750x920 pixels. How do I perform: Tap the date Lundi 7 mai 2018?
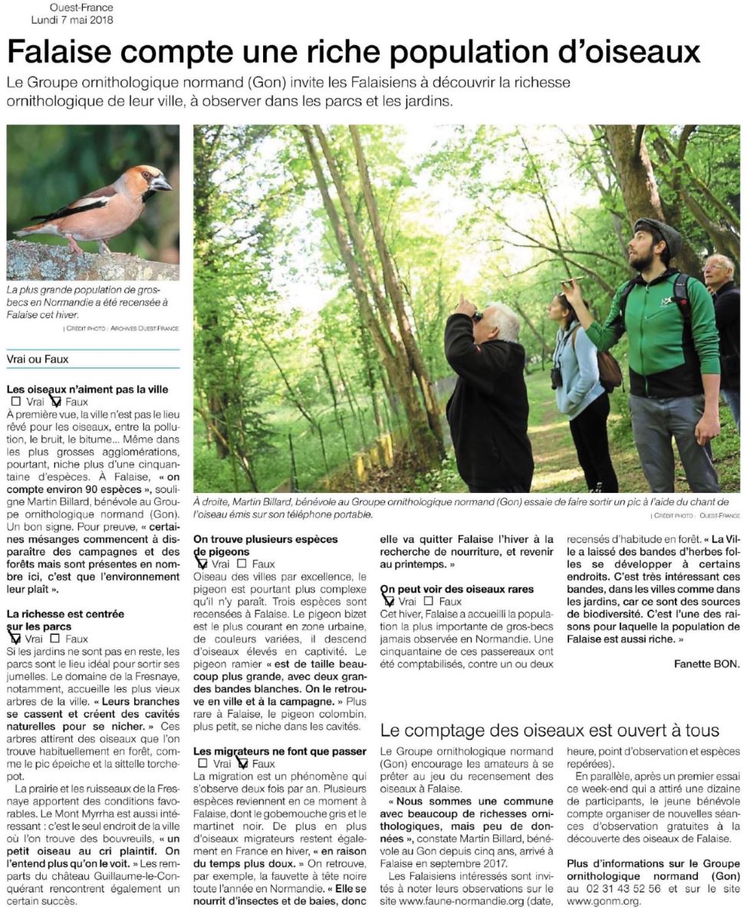coord(73,20)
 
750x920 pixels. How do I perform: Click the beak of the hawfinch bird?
coord(162,184)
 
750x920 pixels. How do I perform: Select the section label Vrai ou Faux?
coord(35,359)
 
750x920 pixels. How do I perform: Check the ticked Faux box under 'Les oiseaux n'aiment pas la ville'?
coord(56,401)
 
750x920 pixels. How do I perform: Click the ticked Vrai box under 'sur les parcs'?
coord(15,638)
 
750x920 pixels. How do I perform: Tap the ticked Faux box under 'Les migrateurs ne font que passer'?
coord(242,764)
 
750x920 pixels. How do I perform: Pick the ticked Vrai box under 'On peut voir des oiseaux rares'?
coord(388,602)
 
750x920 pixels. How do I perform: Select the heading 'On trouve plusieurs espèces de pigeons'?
coord(265,545)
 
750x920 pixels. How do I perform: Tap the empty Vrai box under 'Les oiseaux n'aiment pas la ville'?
coord(16,401)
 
